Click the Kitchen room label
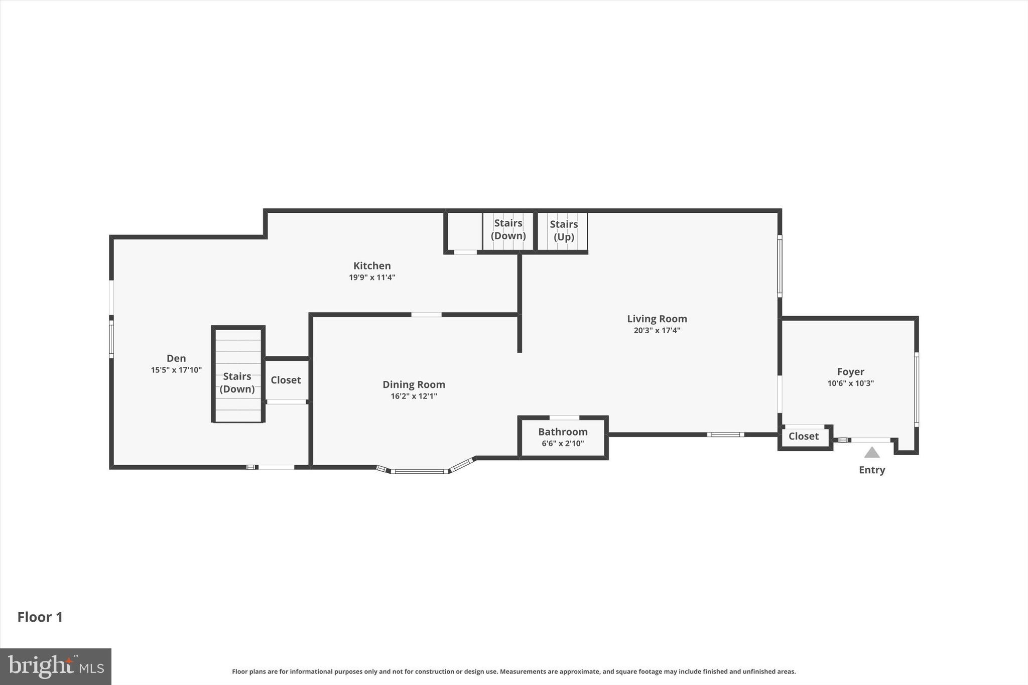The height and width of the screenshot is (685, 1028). pos(372,266)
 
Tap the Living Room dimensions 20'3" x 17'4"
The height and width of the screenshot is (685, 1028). pos(657,330)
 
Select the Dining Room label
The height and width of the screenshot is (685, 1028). pos(414,384)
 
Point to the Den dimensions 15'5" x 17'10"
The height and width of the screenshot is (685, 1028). pos(176,370)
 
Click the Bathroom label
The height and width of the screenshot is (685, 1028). pos(563,432)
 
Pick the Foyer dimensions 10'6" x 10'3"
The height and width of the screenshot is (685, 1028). pos(850,383)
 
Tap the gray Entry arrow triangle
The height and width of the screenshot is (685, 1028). pos(872,453)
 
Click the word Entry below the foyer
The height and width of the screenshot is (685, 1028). pos(872,470)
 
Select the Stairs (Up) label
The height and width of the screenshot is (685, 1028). pos(564,230)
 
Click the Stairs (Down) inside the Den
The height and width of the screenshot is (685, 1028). pos(237,382)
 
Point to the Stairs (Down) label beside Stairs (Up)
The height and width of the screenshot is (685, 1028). pos(508,229)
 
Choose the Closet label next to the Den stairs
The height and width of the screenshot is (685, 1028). pos(286,380)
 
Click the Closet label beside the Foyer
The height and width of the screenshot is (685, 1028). pos(803,436)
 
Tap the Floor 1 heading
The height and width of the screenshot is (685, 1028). pos(40,617)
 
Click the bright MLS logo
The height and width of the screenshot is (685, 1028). pos(56,666)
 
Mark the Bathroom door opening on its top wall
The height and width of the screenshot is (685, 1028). pos(564,418)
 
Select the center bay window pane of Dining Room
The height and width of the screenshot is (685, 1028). pos(419,471)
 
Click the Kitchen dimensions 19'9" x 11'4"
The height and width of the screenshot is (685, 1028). pos(372,278)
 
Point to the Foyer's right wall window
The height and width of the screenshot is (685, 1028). pos(916,389)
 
